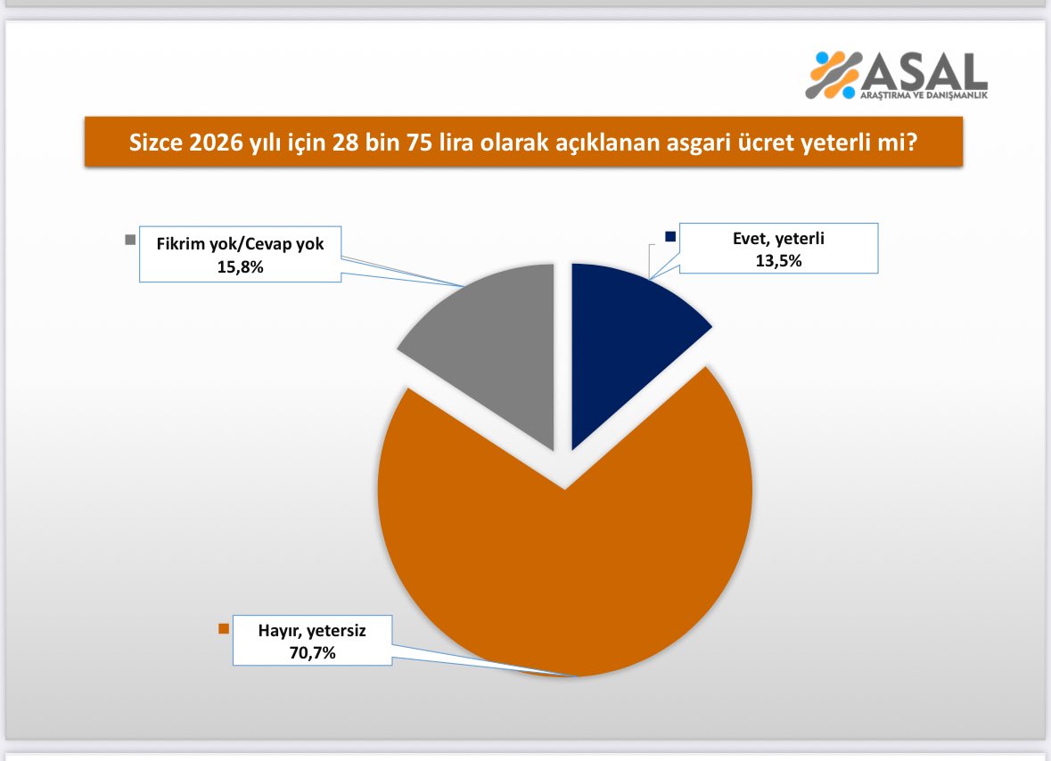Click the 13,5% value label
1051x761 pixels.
(x=778, y=260)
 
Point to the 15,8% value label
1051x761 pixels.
(x=240, y=266)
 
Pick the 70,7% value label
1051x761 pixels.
(x=312, y=652)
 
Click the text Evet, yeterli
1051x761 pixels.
(x=778, y=239)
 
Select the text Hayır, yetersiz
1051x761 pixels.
(x=312, y=630)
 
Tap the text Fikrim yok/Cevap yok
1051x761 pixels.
(x=240, y=244)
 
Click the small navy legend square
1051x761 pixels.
(x=670, y=236)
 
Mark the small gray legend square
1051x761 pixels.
(x=130, y=240)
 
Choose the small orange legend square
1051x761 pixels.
(x=224, y=628)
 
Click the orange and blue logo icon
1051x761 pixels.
(x=833, y=75)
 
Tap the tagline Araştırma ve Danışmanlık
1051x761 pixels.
(x=924, y=95)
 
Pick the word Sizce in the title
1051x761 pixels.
(x=155, y=142)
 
